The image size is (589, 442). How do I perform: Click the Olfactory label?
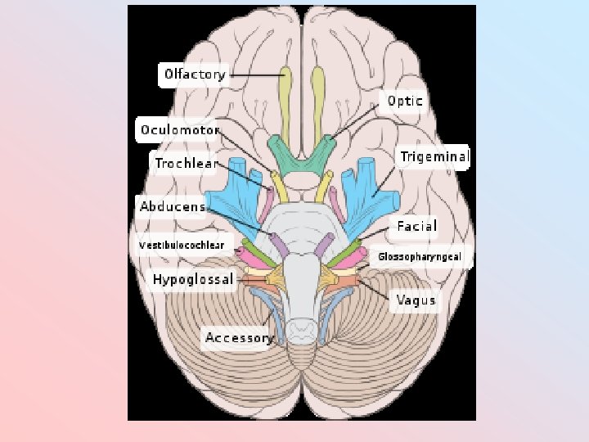(x=194, y=74)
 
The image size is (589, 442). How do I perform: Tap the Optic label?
(x=405, y=101)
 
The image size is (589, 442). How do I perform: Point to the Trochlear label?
(x=186, y=164)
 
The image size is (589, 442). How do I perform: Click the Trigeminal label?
(x=434, y=156)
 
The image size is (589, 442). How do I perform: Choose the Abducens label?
(x=172, y=206)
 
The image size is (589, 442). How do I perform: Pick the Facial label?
(x=416, y=226)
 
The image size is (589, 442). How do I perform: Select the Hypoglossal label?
(x=193, y=279)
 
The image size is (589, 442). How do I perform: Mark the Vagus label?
(x=416, y=300)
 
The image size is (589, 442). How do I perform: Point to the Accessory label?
(x=238, y=337)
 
